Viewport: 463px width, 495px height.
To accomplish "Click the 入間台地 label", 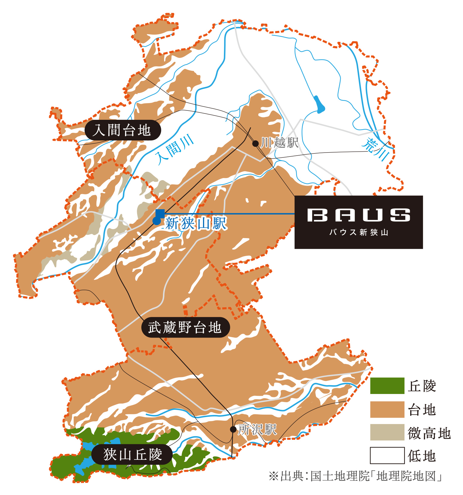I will point(122,130).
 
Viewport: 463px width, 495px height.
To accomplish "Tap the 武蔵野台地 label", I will point(185,328).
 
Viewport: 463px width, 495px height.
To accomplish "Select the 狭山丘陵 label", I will point(132,454).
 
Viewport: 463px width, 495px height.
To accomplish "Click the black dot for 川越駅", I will point(255,143).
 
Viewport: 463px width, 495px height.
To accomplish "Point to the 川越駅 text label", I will point(280,143).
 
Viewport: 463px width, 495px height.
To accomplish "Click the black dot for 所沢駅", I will point(233,429).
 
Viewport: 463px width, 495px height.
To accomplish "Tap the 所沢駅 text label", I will point(257,429).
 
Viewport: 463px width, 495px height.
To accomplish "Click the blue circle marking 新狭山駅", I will point(157,221).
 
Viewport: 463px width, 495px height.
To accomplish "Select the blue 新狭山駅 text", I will point(196,224).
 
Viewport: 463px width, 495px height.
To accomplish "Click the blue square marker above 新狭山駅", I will point(160,213).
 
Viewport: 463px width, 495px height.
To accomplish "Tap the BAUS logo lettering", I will point(359,215).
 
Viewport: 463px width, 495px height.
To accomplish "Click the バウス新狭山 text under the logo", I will point(359,233).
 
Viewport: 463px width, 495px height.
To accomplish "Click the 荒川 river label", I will point(376,149).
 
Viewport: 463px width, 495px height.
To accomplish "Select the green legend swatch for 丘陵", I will point(387,386).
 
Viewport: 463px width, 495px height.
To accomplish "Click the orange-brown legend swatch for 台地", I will point(387,409).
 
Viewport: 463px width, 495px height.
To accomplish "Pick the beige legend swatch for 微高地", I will point(387,432).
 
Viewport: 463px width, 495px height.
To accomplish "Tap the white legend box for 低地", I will point(387,456).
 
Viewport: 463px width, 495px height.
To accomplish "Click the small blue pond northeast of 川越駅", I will point(319,105).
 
